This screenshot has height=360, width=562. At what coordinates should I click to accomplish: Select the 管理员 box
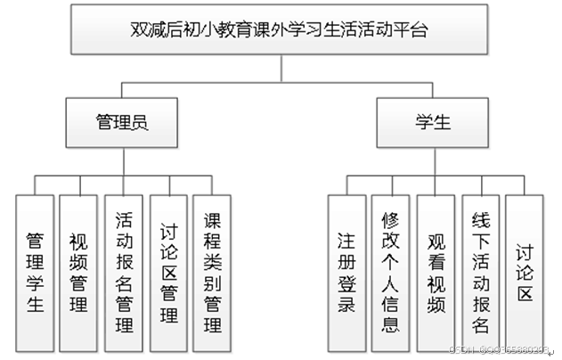click(122, 123)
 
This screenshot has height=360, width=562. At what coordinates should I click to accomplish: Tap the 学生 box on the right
click(432, 123)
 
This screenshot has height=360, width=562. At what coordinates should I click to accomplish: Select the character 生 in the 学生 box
click(442, 123)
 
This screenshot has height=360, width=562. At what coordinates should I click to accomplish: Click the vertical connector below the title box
click(281, 69)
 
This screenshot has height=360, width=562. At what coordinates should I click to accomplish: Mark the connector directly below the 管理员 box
click(122, 160)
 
